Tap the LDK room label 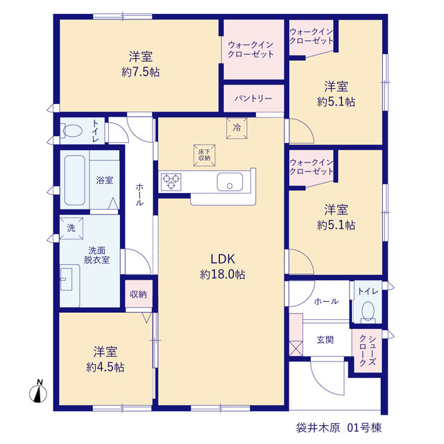point(223,259)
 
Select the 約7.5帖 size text point(141,72)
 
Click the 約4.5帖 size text point(105,367)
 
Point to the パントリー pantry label point(253,99)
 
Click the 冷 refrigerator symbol point(237,128)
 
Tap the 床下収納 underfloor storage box point(205,155)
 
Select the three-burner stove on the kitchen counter point(171,182)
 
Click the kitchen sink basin point(230,182)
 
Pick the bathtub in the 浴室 point(75,180)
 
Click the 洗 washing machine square point(71,228)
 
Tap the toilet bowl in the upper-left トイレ point(71,131)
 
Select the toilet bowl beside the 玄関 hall point(368,311)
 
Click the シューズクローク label point(368,350)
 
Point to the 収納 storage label point(139,294)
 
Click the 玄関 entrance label point(325,339)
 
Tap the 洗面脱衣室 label point(97,255)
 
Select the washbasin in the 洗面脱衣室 point(67,279)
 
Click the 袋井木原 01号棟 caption point(339,427)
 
